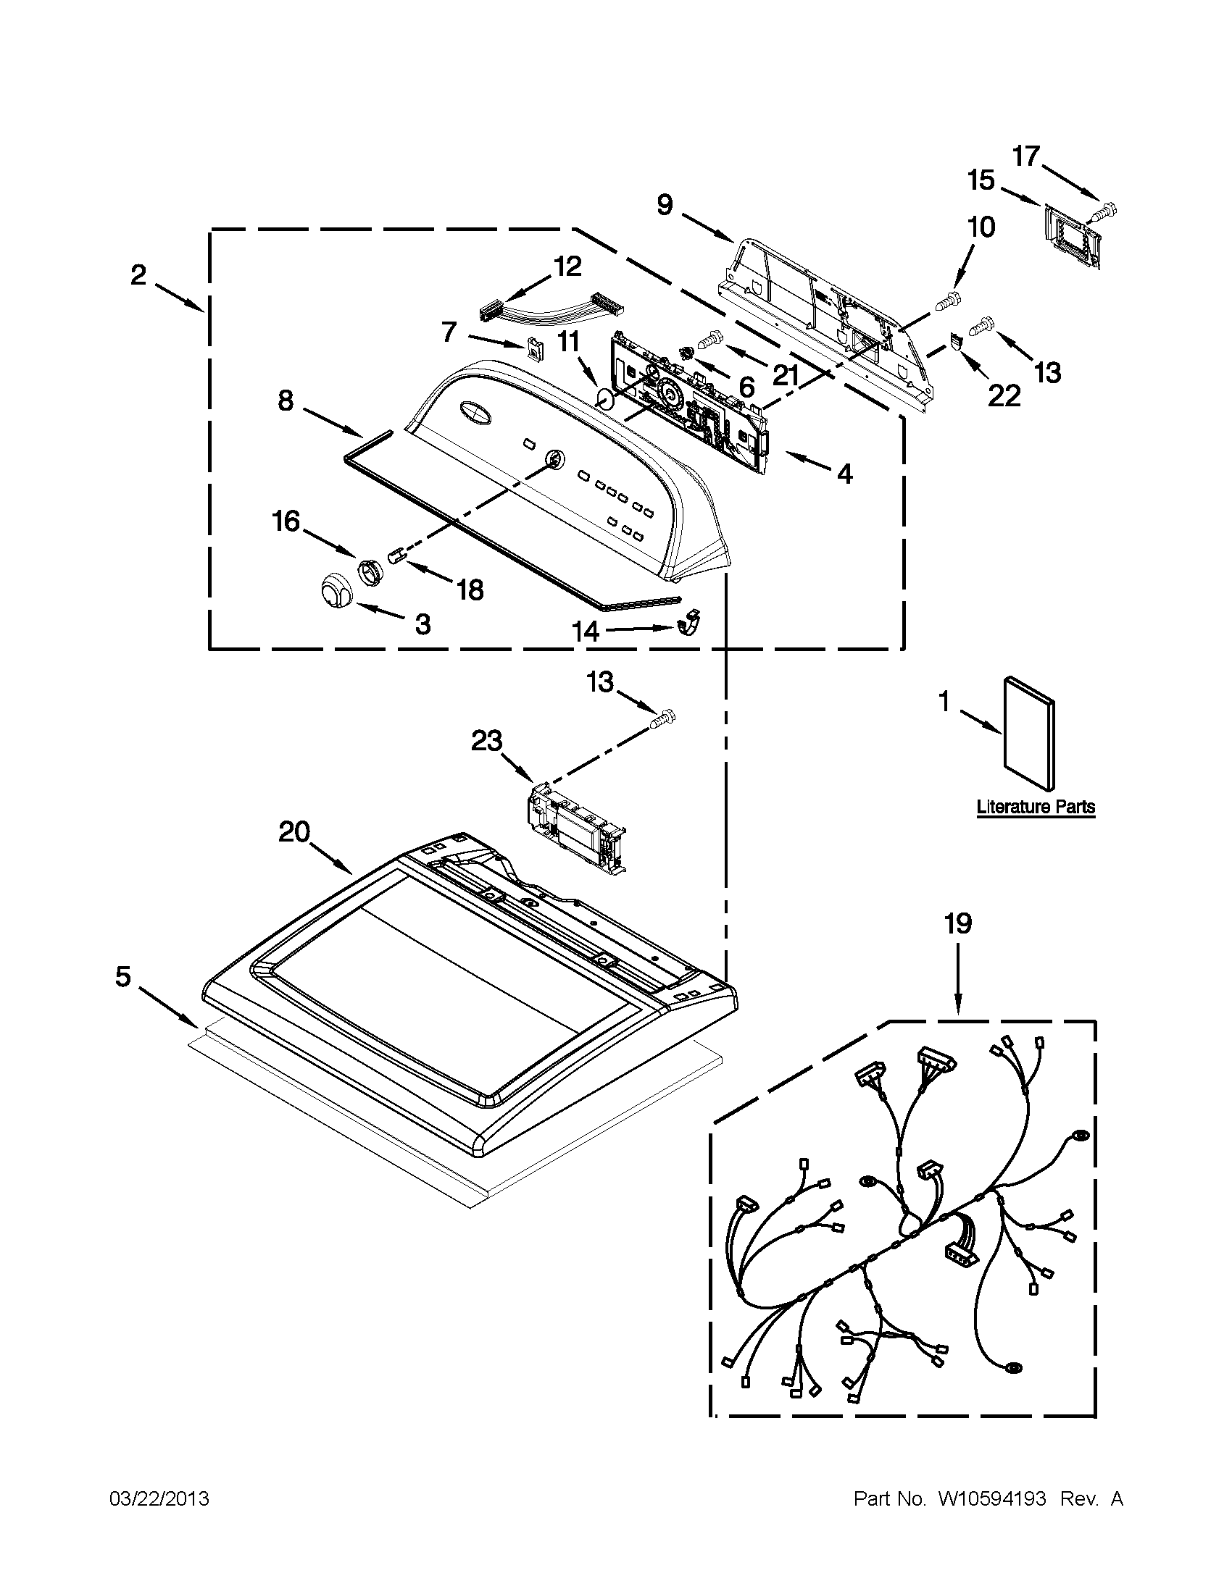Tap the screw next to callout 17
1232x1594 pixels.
point(1104,212)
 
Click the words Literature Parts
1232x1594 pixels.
point(1036,807)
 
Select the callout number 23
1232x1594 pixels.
point(486,742)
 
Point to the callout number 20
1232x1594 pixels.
point(294,832)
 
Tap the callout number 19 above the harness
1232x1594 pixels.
point(958,924)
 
